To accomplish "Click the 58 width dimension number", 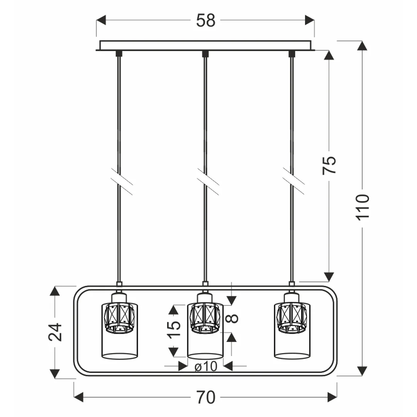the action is (x=205, y=20).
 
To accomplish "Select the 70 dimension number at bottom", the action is (x=205, y=397).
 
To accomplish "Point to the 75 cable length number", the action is (x=329, y=165).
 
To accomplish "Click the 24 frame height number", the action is (x=55, y=332).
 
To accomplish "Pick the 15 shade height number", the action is (x=174, y=330).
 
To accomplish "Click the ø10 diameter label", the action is (x=206, y=366).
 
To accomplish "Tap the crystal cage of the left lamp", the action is (x=119, y=317).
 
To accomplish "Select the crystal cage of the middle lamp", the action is (x=205, y=317).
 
